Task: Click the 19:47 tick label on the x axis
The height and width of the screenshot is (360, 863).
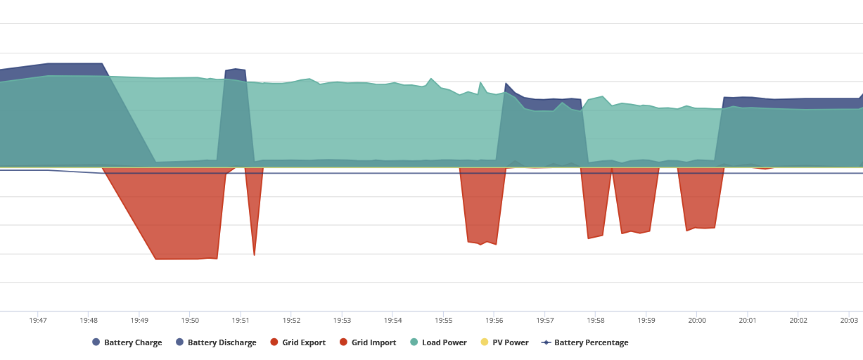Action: pyautogui.click(x=38, y=321)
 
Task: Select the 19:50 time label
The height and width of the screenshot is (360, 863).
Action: pyautogui.click(x=190, y=321)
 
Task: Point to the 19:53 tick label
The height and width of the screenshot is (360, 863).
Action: pyautogui.click(x=342, y=321)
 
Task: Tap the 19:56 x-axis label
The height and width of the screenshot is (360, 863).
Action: pyautogui.click(x=494, y=321)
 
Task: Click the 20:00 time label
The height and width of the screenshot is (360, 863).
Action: pyautogui.click(x=697, y=321)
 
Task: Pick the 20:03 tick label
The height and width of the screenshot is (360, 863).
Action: pyautogui.click(x=849, y=321)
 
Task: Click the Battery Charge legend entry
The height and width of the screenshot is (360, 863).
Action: pyautogui.click(x=127, y=342)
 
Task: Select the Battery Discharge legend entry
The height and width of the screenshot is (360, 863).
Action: pyautogui.click(x=216, y=342)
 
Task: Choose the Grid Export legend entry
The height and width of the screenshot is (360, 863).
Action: pyautogui.click(x=298, y=342)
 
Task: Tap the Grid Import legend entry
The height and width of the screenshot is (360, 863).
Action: pyautogui.click(x=368, y=342)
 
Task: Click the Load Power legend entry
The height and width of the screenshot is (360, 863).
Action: pyautogui.click(x=438, y=342)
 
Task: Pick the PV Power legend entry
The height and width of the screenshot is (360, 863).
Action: pyautogui.click(x=505, y=342)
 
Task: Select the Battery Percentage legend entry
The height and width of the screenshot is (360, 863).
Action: pyautogui.click(x=585, y=342)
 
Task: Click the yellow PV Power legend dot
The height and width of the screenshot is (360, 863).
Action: pyautogui.click(x=485, y=342)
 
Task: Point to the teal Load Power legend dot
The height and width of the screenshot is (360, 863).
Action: pyautogui.click(x=414, y=342)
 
